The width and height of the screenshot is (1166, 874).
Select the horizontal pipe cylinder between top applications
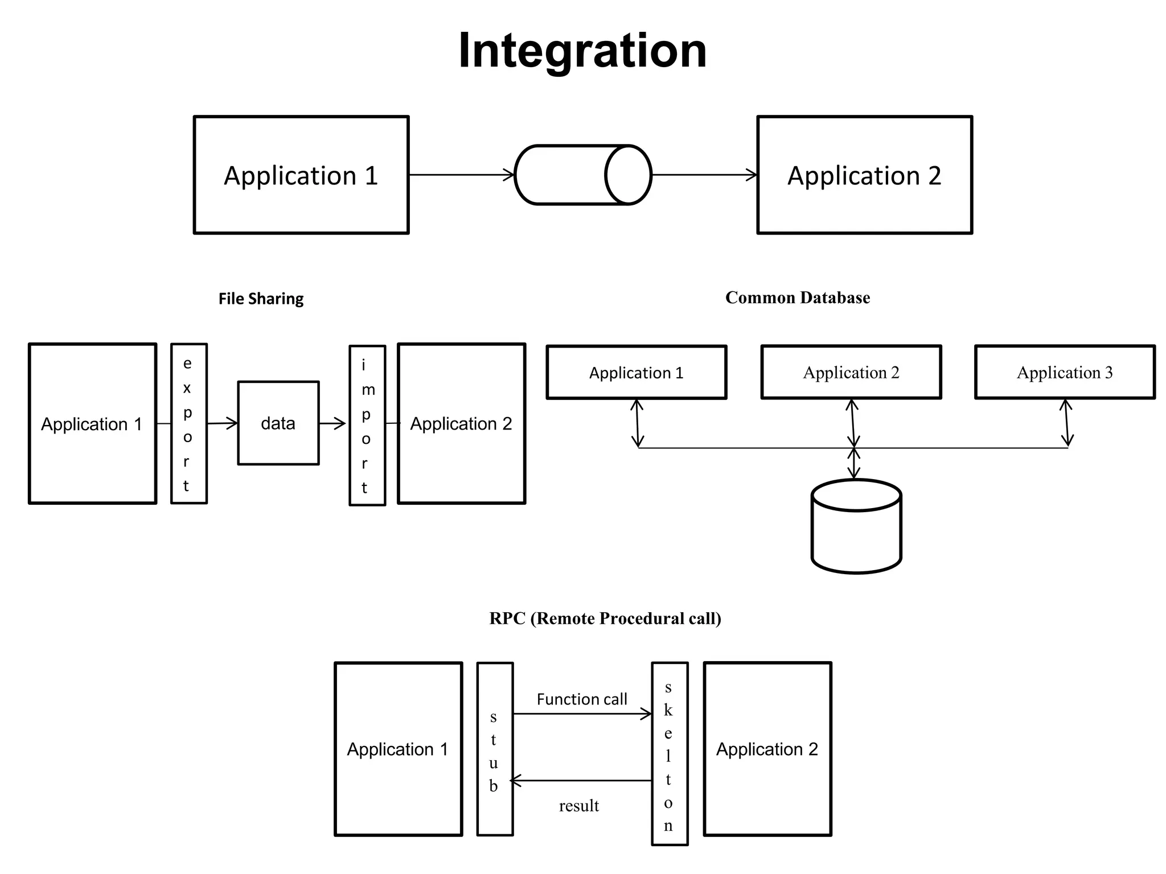[x=582, y=175]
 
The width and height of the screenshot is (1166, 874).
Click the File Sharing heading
[x=261, y=299]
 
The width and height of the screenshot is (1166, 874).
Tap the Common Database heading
[x=797, y=298]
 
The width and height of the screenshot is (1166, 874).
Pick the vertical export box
[x=189, y=423]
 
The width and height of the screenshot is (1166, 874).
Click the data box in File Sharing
[x=278, y=423]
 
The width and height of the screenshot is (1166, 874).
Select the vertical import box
[x=367, y=425]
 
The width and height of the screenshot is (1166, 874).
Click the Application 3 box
[x=1065, y=372]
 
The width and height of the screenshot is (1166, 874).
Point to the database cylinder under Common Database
[x=856, y=526]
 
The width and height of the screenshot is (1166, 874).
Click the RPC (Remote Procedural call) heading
[x=605, y=619]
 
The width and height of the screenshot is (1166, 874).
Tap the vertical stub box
[x=495, y=749]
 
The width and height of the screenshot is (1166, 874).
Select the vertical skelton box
[x=670, y=753]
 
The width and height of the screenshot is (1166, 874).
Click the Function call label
[x=581, y=699]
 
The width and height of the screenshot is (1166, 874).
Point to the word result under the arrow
[x=578, y=806]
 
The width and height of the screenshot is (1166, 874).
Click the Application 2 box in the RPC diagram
[x=767, y=749]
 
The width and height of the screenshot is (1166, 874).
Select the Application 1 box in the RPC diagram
[x=398, y=749]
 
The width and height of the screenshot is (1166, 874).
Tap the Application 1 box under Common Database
[x=636, y=372]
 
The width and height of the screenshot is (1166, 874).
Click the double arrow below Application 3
[x=1067, y=423]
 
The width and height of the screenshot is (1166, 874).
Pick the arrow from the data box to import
[x=332, y=423]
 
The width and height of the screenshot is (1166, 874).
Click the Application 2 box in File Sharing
[x=461, y=423]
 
